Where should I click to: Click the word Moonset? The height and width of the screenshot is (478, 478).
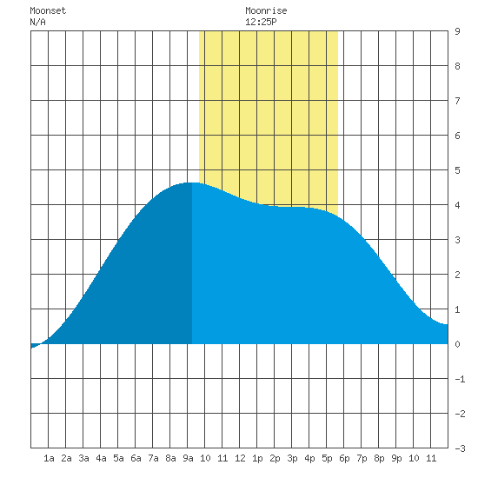click(48, 11)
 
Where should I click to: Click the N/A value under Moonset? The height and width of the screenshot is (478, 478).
click(37, 23)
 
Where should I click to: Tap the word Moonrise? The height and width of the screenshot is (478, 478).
click(266, 11)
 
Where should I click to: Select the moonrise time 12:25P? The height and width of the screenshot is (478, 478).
click(261, 23)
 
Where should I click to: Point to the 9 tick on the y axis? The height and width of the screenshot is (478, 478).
click(457, 31)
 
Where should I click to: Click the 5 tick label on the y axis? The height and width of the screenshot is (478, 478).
click(457, 170)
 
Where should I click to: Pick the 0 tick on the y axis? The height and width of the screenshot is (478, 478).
click(457, 344)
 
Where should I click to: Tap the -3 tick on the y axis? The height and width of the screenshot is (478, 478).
click(460, 448)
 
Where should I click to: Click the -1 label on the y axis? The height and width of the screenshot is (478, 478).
click(460, 379)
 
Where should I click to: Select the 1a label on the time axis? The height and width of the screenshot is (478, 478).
click(49, 458)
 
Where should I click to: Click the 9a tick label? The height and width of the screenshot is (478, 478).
click(188, 458)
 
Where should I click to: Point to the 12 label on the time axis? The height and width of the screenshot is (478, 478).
click(240, 458)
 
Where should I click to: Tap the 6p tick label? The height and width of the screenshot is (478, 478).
click(344, 458)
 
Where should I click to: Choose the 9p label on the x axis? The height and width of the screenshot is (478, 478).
click(396, 458)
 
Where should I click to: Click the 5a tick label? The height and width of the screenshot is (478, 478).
click(118, 458)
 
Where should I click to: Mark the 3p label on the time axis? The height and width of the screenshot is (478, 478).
click(292, 458)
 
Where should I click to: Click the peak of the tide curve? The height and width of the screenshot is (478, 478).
click(192, 183)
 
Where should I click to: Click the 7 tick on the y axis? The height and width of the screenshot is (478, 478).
click(457, 101)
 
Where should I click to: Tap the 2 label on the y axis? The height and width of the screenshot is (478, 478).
click(457, 275)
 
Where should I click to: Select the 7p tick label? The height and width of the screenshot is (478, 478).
click(362, 458)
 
